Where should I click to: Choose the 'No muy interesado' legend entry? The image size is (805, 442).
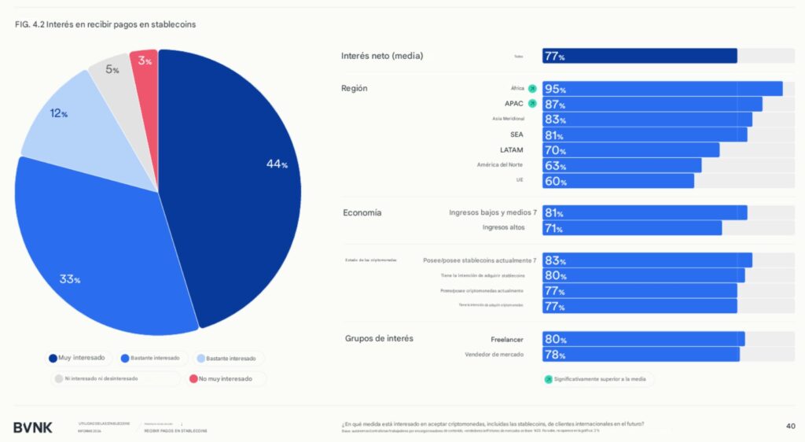[226, 378]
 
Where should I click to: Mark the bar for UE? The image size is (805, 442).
[618, 181]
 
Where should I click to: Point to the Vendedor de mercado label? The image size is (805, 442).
[494, 355]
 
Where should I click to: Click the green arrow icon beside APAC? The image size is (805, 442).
[532, 104]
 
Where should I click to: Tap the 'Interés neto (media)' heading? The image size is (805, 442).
[382, 56]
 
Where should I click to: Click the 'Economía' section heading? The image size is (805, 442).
[362, 213]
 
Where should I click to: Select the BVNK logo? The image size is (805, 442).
[33, 427]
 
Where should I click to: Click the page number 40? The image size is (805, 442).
[790, 426]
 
